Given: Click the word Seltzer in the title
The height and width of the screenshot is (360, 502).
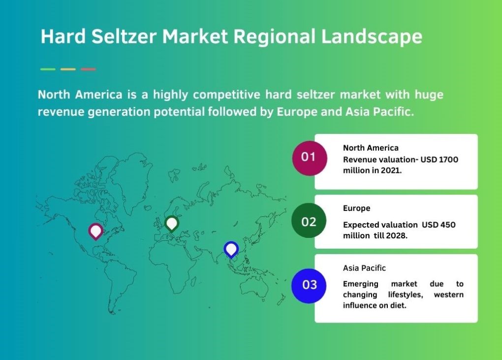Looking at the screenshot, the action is pyautogui.click(x=124, y=36).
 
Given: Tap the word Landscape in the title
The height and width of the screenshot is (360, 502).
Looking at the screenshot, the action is pyautogui.click(x=372, y=37).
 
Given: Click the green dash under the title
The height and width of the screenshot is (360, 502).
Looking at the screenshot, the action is pyautogui.click(x=48, y=69).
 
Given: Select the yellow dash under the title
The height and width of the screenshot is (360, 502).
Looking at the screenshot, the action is pyautogui.click(x=68, y=69).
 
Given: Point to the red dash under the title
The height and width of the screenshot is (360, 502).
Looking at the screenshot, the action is pyautogui.click(x=88, y=69).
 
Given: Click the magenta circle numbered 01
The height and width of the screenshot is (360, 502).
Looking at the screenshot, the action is pyautogui.click(x=309, y=158).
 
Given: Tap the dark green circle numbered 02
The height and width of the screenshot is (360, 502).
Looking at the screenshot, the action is pyautogui.click(x=309, y=221).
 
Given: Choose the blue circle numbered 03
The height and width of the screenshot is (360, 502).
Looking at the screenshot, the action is pyautogui.click(x=309, y=286).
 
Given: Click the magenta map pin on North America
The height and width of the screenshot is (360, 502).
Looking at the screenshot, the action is pyautogui.click(x=96, y=231).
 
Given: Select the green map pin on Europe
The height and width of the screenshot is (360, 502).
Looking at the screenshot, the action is pyautogui.click(x=172, y=223).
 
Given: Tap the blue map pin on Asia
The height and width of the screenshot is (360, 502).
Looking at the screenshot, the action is pyautogui.click(x=231, y=249).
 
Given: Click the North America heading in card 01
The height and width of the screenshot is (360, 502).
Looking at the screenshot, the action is pyautogui.click(x=371, y=148).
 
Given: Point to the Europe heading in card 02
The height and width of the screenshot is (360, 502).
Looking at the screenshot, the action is pyautogui.click(x=357, y=208).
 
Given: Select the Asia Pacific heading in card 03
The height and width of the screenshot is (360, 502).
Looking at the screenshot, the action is pyautogui.click(x=364, y=268).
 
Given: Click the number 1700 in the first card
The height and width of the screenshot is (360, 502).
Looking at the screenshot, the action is pyautogui.click(x=448, y=160).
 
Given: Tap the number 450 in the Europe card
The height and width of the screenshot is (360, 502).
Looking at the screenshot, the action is pyautogui.click(x=447, y=225).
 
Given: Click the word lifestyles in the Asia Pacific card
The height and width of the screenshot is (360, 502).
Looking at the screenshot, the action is pyautogui.click(x=406, y=295).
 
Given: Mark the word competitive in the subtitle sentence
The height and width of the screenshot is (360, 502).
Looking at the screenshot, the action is pyautogui.click(x=227, y=95).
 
